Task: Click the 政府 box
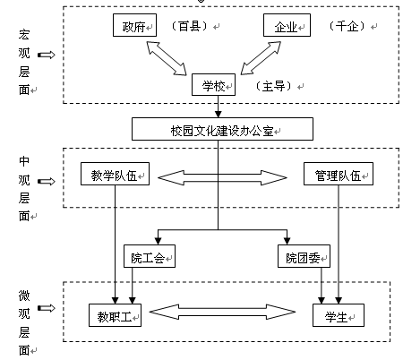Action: click(x=134, y=25)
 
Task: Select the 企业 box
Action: click(x=287, y=25)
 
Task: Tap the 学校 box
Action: click(x=213, y=85)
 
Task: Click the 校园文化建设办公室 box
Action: click(x=222, y=129)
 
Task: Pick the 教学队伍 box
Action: click(x=115, y=174)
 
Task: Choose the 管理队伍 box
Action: click(x=339, y=174)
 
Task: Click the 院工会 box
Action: click(x=150, y=256)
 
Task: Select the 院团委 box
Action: click(x=304, y=256)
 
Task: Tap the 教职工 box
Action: click(x=115, y=315)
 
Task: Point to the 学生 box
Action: click(x=339, y=315)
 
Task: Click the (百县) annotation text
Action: click(x=190, y=26)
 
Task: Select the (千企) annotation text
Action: click(x=347, y=26)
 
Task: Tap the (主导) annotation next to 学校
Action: click(x=273, y=86)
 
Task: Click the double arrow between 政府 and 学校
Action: click(x=167, y=58)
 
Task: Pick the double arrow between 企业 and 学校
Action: click(x=261, y=58)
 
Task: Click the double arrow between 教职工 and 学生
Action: click(x=222, y=312)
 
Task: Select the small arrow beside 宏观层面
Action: click(x=47, y=55)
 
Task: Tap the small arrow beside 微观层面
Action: click(x=47, y=308)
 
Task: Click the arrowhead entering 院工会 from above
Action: click(x=158, y=241)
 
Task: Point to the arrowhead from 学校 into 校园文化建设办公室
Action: click(x=219, y=114)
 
